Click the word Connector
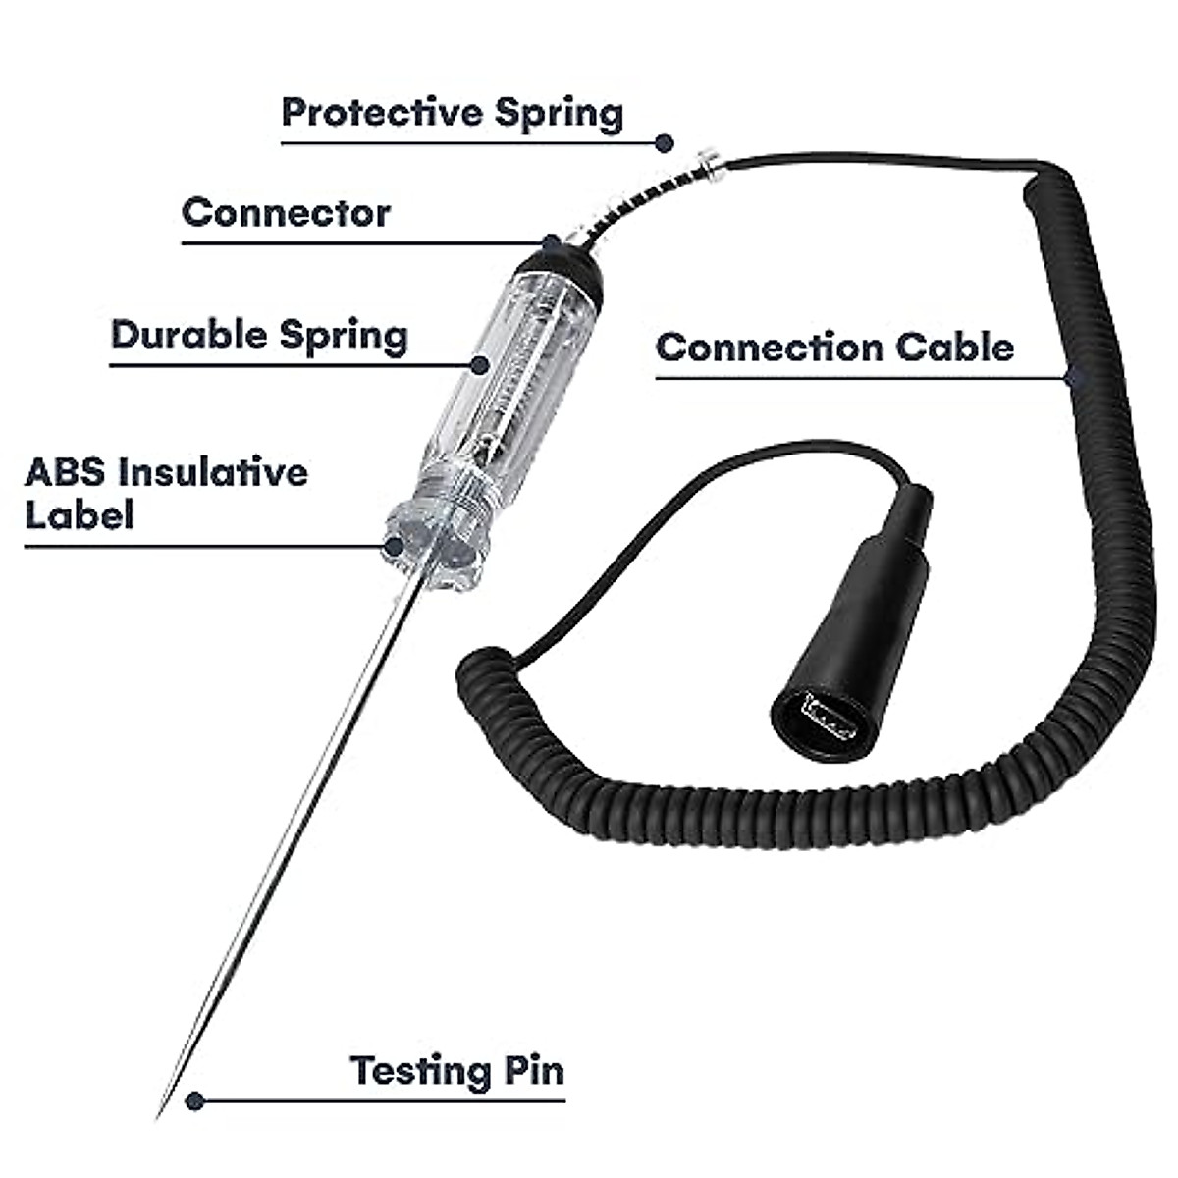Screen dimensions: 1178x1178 pos(286,212)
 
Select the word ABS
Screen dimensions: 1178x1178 pos(64,472)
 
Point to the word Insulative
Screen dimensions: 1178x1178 pos(212,472)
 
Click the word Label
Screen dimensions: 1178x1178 pos(79,515)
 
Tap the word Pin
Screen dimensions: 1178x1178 pos(535,1069)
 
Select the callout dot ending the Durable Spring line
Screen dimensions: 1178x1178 pos(480,365)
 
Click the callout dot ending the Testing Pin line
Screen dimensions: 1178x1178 pos(195,1100)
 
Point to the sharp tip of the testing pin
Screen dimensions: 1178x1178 pos(160,1115)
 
